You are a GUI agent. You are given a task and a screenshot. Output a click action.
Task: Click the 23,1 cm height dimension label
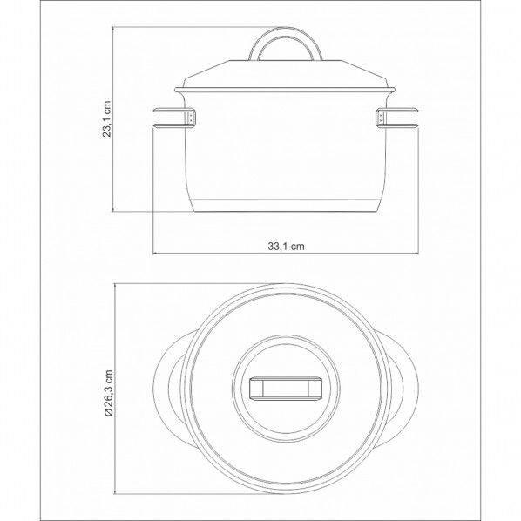(x=106, y=119)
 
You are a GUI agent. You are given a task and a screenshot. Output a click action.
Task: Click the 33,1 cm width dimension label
(x=286, y=247)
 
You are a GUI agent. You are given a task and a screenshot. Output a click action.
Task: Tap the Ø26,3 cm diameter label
(x=109, y=393)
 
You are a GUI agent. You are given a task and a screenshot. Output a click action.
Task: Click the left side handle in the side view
(x=174, y=118)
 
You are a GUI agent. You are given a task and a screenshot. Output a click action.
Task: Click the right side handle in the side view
(x=396, y=118)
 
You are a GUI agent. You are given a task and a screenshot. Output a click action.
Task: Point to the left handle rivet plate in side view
(x=191, y=118)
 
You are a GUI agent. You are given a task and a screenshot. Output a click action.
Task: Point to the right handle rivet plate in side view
(x=381, y=118)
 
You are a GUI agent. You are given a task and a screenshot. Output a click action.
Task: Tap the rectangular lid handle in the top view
(x=286, y=387)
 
